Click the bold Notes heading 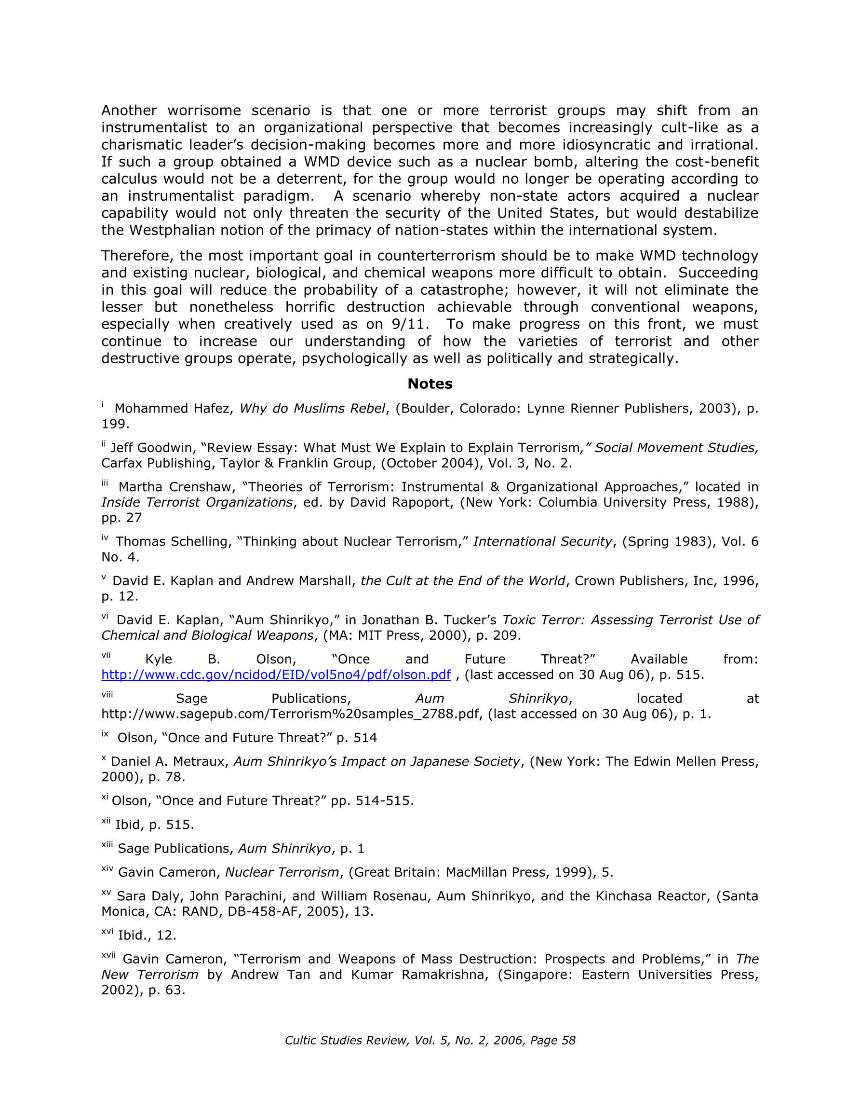pos(430,384)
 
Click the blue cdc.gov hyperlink pos(276,675)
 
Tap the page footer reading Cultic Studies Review pos(430,1040)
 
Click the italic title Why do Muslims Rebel pos(312,409)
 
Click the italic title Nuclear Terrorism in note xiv pos(282,872)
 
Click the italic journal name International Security pos(542,542)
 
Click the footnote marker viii pos(107,695)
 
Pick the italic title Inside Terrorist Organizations pos(197,502)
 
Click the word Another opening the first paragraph pos(129,110)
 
